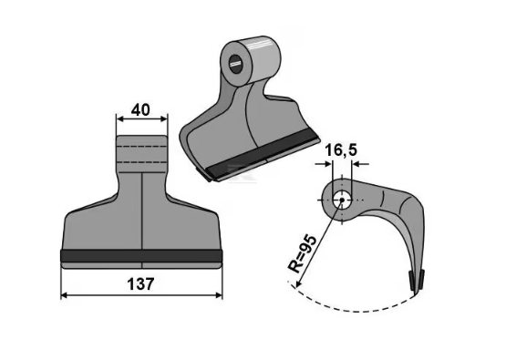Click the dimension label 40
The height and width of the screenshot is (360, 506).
pyautogui.click(x=140, y=110)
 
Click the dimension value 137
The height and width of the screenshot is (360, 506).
pyautogui.click(x=140, y=284)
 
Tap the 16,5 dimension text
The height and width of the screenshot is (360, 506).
pyautogui.click(x=341, y=150)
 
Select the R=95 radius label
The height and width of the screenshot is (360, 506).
pyautogui.click(x=302, y=254)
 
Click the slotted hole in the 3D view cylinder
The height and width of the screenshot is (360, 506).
pyautogui.click(x=235, y=64)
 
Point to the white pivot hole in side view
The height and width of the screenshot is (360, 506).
pyautogui.click(x=342, y=200)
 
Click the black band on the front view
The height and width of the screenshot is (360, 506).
pyautogui.click(x=141, y=256)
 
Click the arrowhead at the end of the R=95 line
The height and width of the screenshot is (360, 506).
pyautogui.click(x=298, y=283)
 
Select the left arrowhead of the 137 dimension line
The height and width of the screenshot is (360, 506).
pyautogui.click(x=64, y=295)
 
